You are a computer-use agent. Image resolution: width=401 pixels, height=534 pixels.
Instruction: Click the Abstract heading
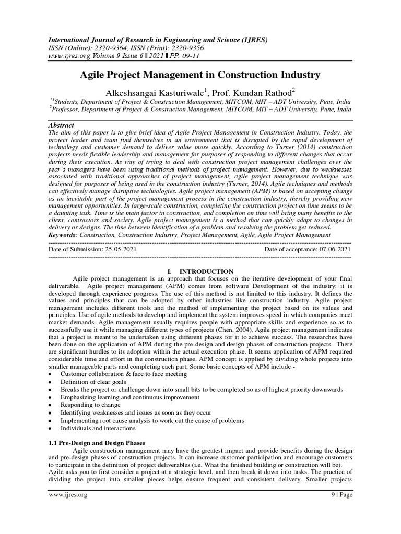[62, 126]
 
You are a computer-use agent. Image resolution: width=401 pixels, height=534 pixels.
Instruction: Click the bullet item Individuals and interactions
[98, 428]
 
